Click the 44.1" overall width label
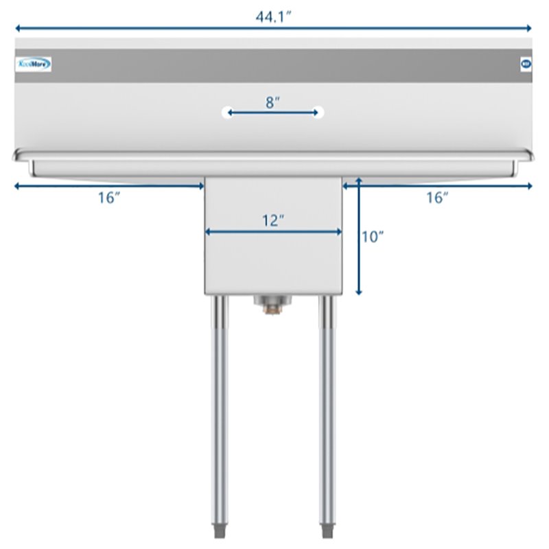point(274,17)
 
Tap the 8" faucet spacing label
point(272,102)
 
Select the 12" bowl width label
point(272,220)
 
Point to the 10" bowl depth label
point(373,237)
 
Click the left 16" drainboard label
point(109,198)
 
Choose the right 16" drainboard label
point(437,198)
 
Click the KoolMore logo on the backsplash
point(33,65)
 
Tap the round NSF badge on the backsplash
point(525,65)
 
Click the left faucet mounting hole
point(228,112)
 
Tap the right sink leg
point(327,412)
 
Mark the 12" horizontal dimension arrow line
point(273,232)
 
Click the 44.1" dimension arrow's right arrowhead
point(529,29)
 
